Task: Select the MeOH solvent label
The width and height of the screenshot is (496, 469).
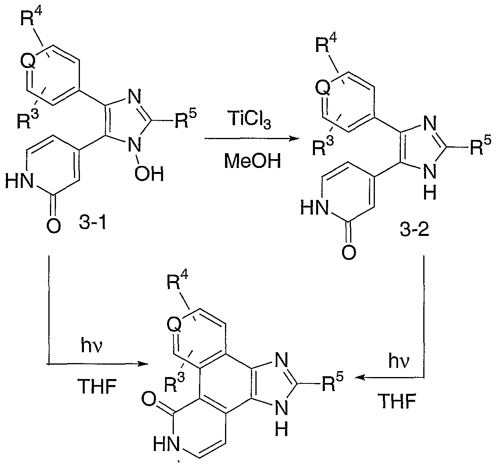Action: (x=253, y=161)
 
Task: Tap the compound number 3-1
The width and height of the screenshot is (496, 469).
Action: (x=93, y=223)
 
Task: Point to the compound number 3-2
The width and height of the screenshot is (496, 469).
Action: (x=414, y=230)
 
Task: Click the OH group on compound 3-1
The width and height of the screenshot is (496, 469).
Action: (x=149, y=174)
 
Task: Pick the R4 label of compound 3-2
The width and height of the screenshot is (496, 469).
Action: (x=326, y=43)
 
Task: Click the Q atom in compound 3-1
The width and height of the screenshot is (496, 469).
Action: (x=28, y=62)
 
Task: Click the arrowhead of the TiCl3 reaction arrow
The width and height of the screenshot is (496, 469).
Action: (x=294, y=138)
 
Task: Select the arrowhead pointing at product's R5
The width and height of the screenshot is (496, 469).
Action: (x=360, y=377)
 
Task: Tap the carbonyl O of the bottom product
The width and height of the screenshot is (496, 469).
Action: (x=148, y=399)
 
